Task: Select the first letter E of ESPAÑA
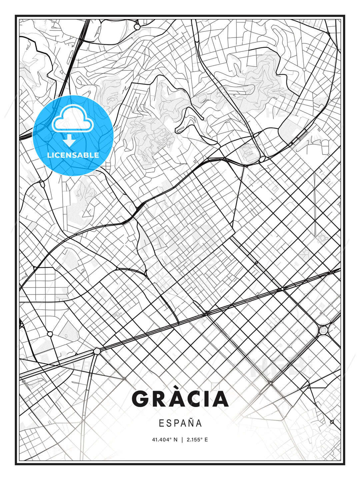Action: click(x=161, y=423)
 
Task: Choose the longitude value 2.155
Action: click(x=193, y=440)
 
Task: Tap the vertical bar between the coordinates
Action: click(x=182, y=440)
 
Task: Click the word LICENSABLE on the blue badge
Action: click(x=73, y=155)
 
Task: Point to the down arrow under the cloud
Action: click(x=69, y=140)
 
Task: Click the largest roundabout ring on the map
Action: click(x=323, y=330)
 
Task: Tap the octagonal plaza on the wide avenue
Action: click(x=97, y=351)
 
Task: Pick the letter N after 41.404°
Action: click(x=176, y=440)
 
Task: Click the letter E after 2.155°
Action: click(x=206, y=440)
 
